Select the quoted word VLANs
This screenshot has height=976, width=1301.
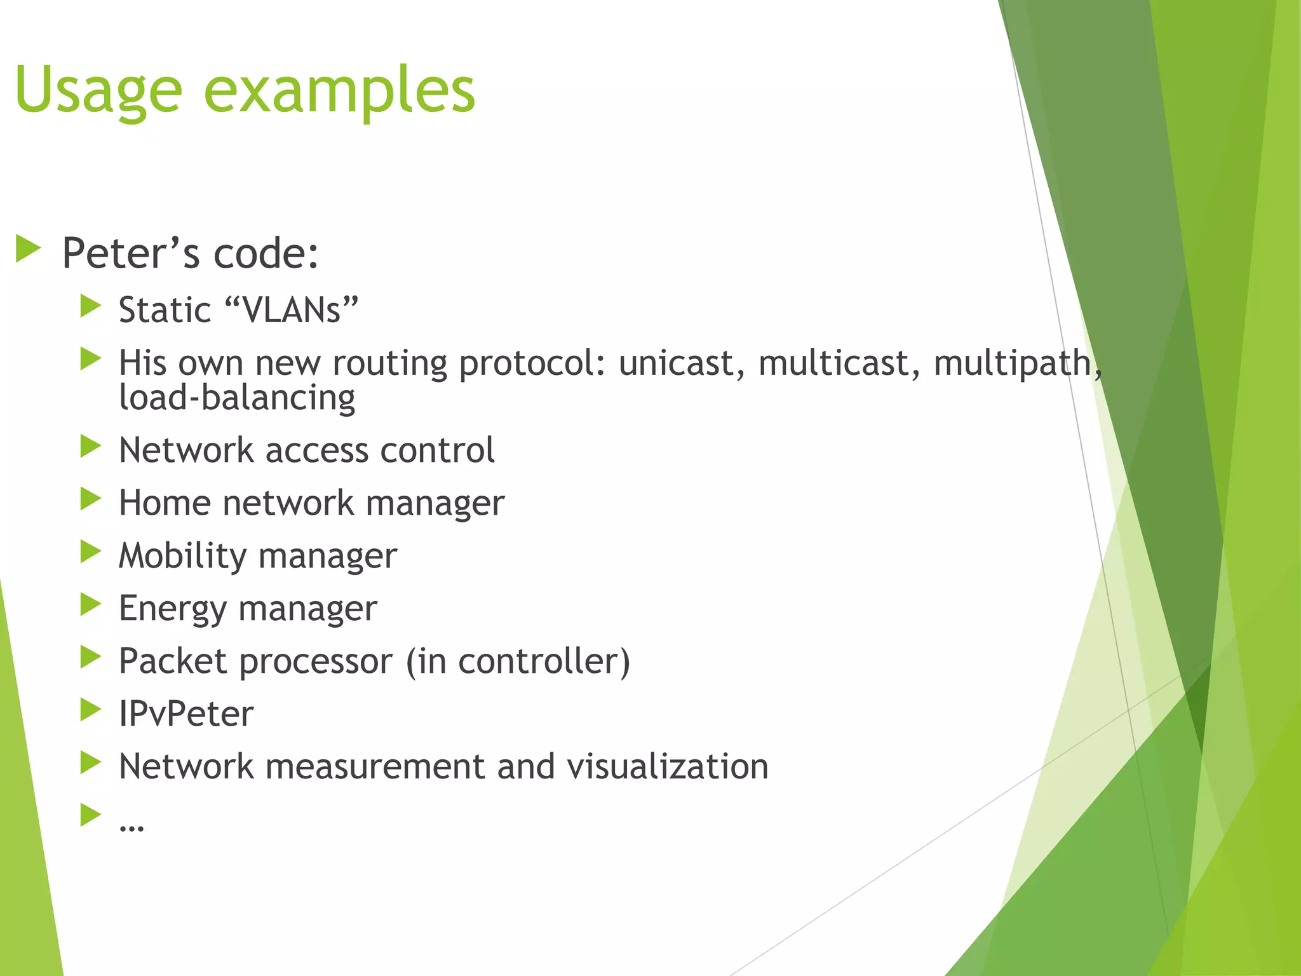click(292, 310)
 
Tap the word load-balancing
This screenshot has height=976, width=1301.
click(237, 398)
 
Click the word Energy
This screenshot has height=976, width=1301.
click(172, 609)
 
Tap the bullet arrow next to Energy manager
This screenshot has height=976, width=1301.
click(91, 605)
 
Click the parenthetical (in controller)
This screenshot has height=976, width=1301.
click(518, 661)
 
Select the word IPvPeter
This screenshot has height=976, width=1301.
click(186, 714)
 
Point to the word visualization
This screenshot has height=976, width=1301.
click(667, 767)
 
